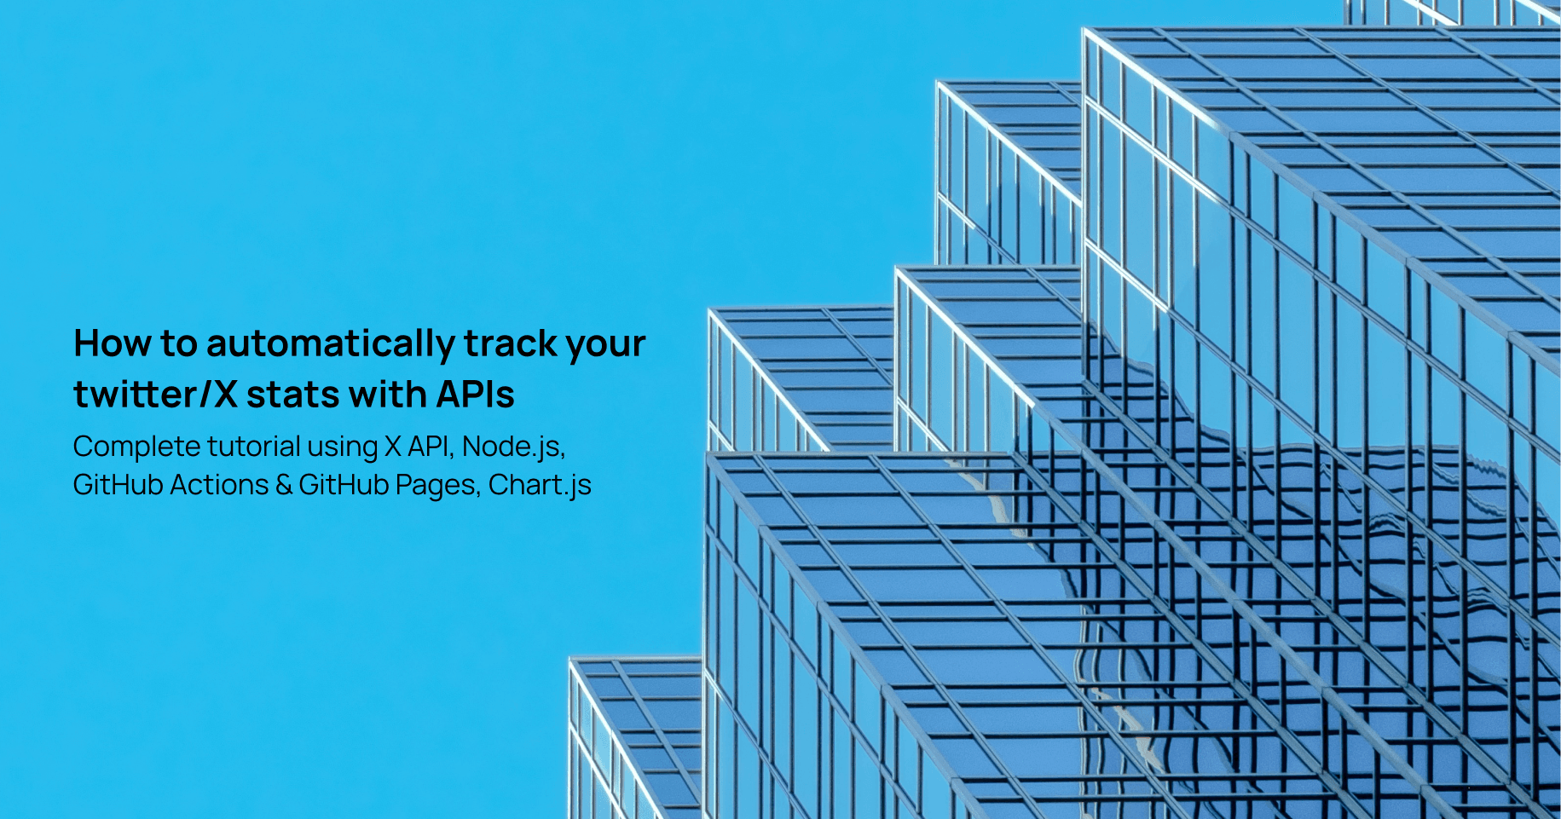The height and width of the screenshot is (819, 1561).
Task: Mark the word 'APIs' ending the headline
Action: [x=476, y=395]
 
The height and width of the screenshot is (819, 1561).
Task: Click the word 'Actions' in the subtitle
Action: [x=219, y=485]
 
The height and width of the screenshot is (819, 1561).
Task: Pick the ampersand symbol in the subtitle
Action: [x=284, y=485]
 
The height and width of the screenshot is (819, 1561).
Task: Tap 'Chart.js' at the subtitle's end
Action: [x=540, y=485]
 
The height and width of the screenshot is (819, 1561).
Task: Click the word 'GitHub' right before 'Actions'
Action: [x=118, y=485]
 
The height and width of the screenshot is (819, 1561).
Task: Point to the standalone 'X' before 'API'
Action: [x=393, y=447]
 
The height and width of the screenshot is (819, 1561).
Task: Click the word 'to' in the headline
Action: [x=178, y=343]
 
